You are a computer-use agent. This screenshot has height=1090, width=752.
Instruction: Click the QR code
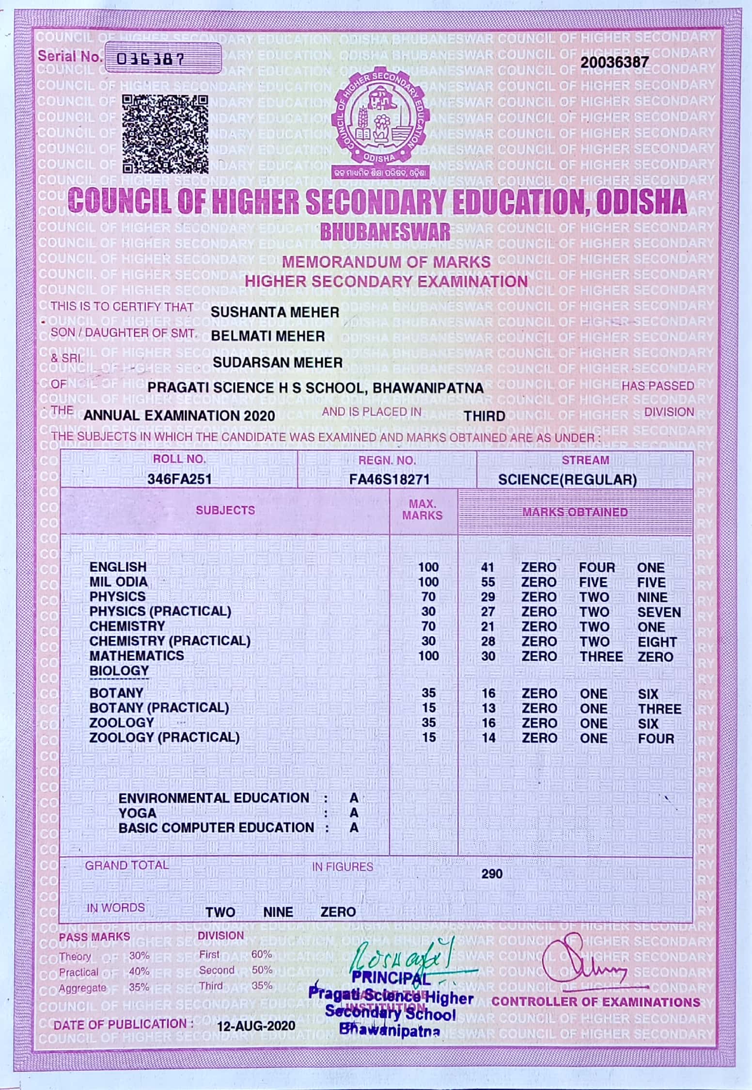click(165, 134)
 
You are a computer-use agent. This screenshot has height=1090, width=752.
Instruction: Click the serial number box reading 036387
click(163, 58)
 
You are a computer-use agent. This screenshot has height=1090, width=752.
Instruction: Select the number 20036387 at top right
click(614, 62)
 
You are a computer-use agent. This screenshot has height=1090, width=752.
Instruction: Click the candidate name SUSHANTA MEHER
click(275, 312)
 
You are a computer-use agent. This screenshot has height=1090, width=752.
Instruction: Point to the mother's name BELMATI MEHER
click(268, 336)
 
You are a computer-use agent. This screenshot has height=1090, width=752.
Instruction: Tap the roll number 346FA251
click(179, 480)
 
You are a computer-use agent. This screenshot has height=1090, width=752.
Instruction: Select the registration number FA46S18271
click(389, 480)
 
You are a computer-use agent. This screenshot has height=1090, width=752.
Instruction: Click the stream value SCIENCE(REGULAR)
click(567, 480)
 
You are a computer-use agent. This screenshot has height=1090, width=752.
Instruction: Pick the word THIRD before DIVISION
click(484, 416)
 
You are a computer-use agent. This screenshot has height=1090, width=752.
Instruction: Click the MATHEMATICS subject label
click(136, 656)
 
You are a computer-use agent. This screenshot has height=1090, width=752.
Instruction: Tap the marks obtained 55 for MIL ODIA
click(488, 582)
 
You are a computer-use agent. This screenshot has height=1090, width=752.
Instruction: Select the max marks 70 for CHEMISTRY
click(428, 626)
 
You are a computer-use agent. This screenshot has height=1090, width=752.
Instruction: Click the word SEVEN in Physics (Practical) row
click(659, 612)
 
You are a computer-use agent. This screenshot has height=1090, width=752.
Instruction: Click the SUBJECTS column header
click(225, 510)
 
